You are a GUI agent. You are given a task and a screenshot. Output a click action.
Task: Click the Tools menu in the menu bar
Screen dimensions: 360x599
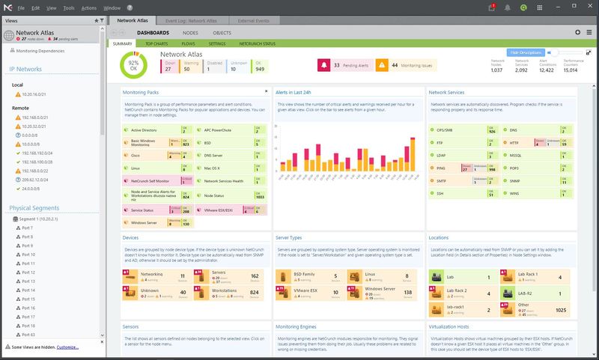coord(69,7)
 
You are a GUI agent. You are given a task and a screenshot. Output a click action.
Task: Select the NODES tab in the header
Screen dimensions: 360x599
coord(190,32)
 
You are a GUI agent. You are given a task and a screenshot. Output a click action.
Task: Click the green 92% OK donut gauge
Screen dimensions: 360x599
coord(134,65)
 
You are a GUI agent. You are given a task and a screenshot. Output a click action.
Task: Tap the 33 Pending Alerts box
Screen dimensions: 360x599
coord(345,66)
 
